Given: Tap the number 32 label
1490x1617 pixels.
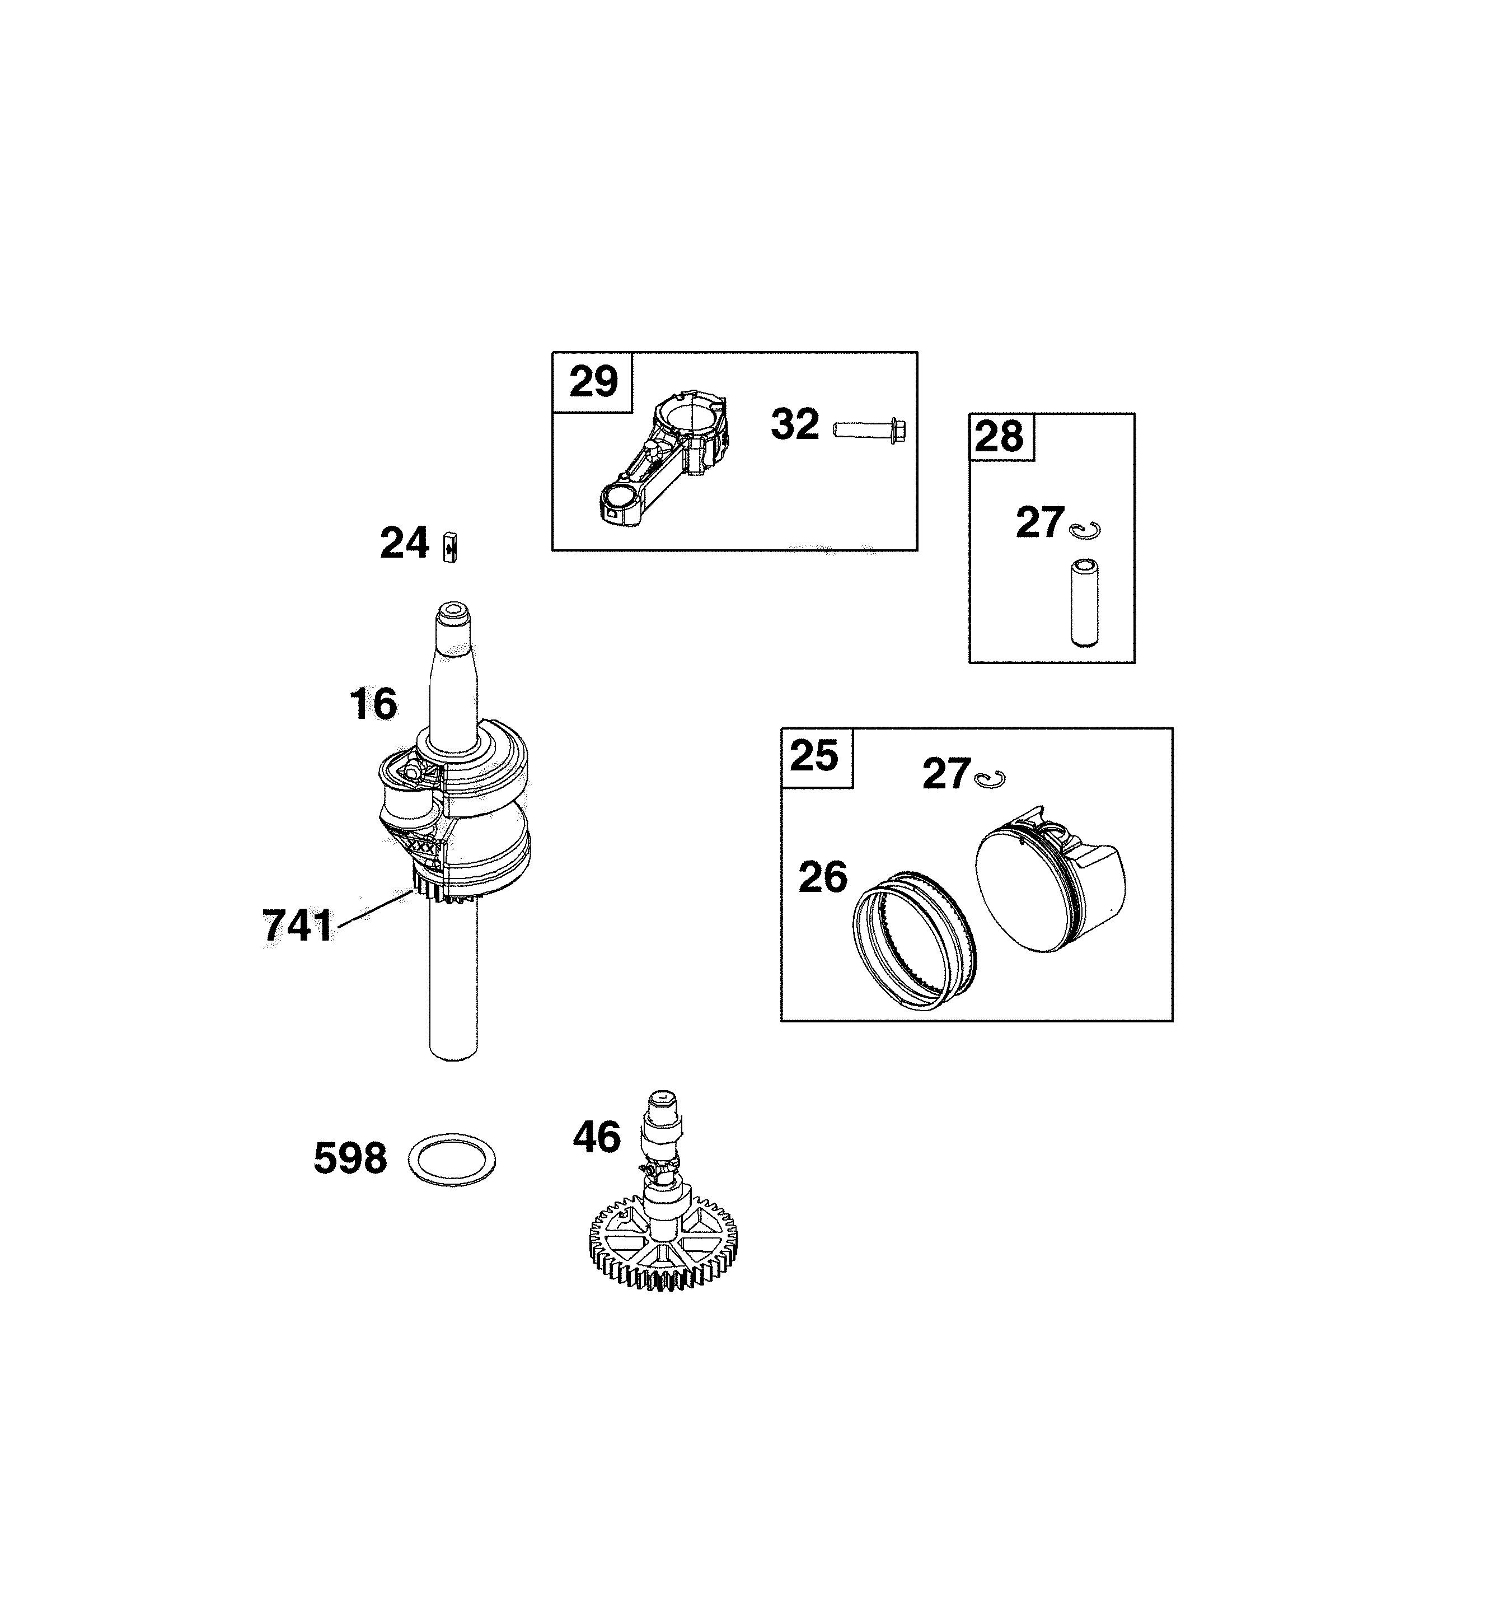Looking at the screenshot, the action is (x=795, y=424).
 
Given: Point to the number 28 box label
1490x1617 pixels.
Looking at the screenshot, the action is (x=999, y=437).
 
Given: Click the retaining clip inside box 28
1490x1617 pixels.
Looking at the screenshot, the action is (x=1085, y=530).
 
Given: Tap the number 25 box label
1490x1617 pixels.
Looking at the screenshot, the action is (x=814, y=756).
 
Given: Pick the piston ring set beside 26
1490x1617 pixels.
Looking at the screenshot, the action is (x=915, y=941).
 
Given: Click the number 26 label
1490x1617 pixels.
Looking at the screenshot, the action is (x=823, y=877).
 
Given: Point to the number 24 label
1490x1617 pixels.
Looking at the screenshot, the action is (x=404, y=544).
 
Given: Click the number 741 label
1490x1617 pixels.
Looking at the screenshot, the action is (x=298, y=926).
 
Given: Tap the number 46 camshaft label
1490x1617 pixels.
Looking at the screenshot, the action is (x=597, y=1137).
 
